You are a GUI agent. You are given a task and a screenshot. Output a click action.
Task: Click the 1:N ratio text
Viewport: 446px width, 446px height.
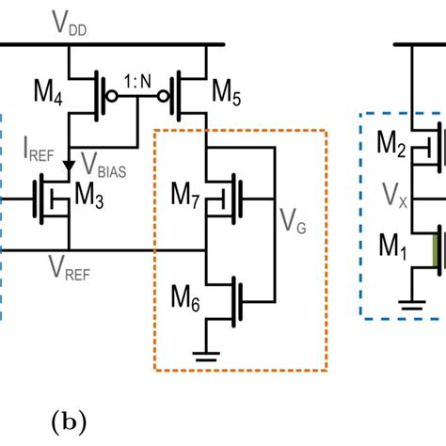point(140,82)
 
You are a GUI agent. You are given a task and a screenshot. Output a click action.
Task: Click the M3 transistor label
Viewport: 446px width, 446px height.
point(88,199)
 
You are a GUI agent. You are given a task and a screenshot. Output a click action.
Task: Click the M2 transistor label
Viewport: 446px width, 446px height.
point(391,144)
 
